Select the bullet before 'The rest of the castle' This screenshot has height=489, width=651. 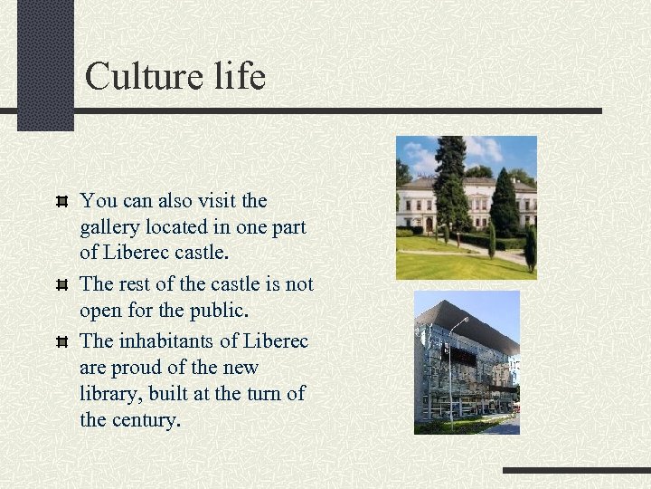click(x=61, y=284)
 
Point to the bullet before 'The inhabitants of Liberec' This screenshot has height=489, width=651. click(x=61, y=341)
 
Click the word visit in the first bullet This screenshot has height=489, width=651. click(x=216, y=200)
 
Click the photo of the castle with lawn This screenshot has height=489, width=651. click(x=466, y=207)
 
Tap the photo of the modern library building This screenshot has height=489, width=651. click(x=467, y=362)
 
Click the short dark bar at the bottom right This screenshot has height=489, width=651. click(x=576, y=471)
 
